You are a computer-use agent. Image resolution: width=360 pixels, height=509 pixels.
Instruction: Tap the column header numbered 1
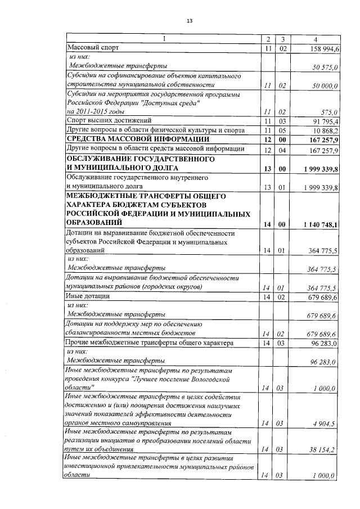[x=164, y=39]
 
